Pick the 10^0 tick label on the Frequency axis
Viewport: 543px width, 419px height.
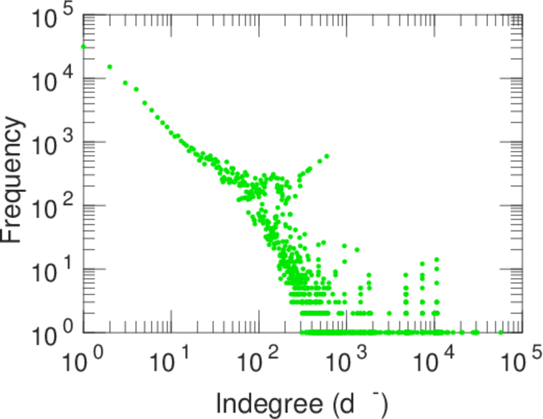pos(54,333)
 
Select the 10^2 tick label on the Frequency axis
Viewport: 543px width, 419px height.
pos(54,205)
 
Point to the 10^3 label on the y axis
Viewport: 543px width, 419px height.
pos(54,142)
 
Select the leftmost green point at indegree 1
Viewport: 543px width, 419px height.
pos(84,47)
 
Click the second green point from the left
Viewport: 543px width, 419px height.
pos(110,66)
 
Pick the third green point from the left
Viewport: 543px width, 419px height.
pos(125,82)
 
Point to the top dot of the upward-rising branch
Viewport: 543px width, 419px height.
pos(327,156)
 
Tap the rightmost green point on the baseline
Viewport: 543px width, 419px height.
pos(500,332)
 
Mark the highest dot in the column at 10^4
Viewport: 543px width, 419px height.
pos(436,260)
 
